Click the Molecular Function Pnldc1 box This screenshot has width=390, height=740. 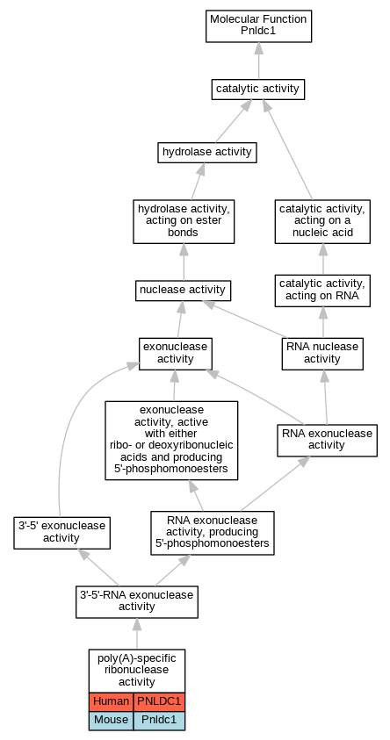click(x=258, y=26)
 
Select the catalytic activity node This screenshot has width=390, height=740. click(x=257, y=89)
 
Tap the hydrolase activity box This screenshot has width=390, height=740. click(x=206, y=153)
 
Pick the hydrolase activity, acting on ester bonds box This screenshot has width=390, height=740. click(x=184, y=221)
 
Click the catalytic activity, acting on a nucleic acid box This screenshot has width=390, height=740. click(x=322, y=221)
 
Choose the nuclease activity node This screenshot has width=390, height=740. click(x=184, y=290)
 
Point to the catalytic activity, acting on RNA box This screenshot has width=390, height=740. click(x=322, y=290)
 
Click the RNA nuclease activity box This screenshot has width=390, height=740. click(x=322, y=354)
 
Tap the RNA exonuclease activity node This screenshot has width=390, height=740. click(x=327, y=440)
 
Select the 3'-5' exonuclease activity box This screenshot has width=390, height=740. click(x=61, y=533)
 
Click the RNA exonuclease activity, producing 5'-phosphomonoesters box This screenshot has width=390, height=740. click(x=212, y=533)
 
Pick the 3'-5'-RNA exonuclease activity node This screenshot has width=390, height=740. click(x=137, y=601)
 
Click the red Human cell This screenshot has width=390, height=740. click(x=111, y=701)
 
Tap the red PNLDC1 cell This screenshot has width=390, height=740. click(x=159, y=701)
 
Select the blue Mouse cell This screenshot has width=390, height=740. click(x=111, y=721)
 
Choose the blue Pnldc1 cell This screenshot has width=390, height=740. click(x=159, y=721)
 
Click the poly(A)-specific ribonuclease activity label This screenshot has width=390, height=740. click(x=137, y=670)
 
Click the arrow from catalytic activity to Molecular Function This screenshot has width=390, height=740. click(x=258, y=61)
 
